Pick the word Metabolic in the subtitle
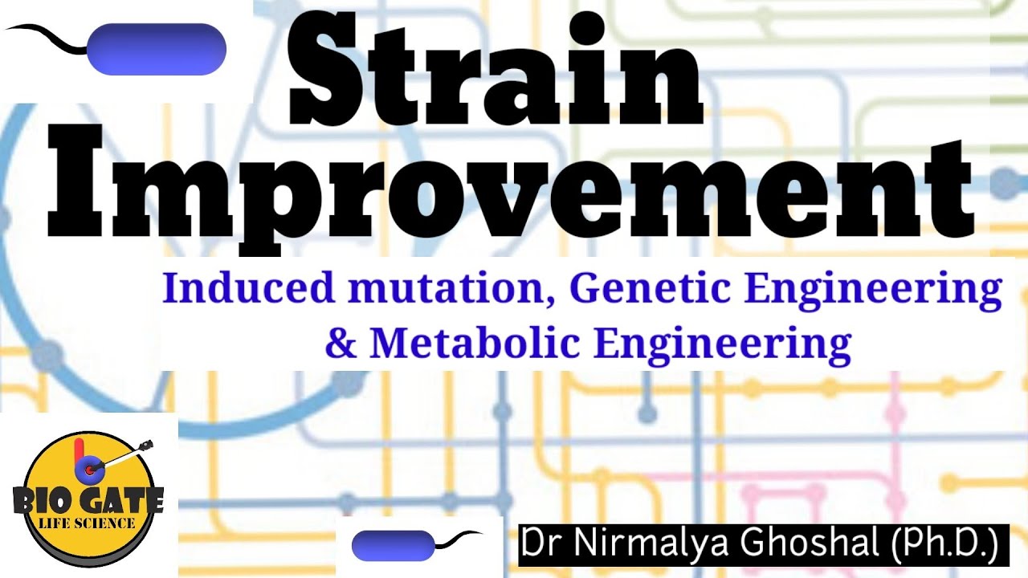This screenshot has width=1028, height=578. (x=475, y=344)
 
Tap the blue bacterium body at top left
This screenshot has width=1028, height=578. (x=157, y=49)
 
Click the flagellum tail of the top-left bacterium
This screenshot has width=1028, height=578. (x=48, y=36)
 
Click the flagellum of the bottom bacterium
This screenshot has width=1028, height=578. (x=458, y=537)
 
